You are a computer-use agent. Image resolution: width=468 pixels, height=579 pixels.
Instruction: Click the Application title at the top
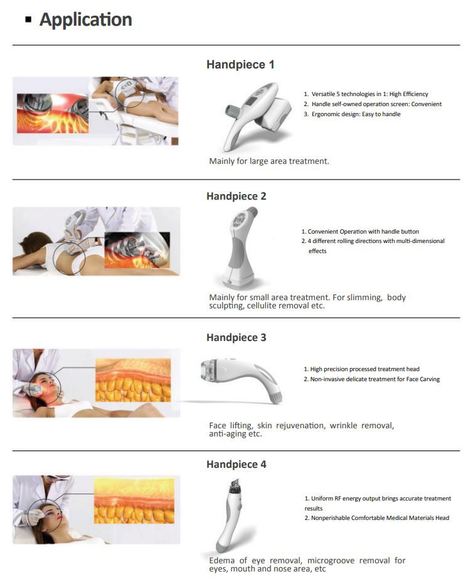click(x=85, y=20)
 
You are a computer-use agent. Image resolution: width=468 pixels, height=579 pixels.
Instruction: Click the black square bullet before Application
click(x=28, y=19)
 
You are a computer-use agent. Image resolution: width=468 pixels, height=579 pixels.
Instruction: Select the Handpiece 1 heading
click(x=240, y=65)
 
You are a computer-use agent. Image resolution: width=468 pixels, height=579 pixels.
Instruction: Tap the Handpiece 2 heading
click(x=236, y=196)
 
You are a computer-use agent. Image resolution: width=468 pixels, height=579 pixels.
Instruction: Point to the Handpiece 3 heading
click(x=236, y=337)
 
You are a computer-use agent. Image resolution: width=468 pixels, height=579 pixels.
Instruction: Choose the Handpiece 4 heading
click(x=236, y=464)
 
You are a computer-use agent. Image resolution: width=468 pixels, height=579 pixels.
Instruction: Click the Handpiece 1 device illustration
click(x=257, y=116)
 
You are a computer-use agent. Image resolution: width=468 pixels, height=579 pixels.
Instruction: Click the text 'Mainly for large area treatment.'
click(x=269, y=161)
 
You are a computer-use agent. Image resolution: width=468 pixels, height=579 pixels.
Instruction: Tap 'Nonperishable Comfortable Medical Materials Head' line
click(x=380, y=517)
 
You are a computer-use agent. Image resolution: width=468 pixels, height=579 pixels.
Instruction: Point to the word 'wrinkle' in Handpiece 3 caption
click(x=343, y=425)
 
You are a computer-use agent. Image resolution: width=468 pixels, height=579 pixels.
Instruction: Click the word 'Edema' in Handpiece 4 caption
click(x=221, y=561)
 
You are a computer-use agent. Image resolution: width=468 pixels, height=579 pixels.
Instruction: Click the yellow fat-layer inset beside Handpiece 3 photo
click(x=133, y=380)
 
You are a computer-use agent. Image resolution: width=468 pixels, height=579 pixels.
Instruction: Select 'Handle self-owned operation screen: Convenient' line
click(x=376, y=104)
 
